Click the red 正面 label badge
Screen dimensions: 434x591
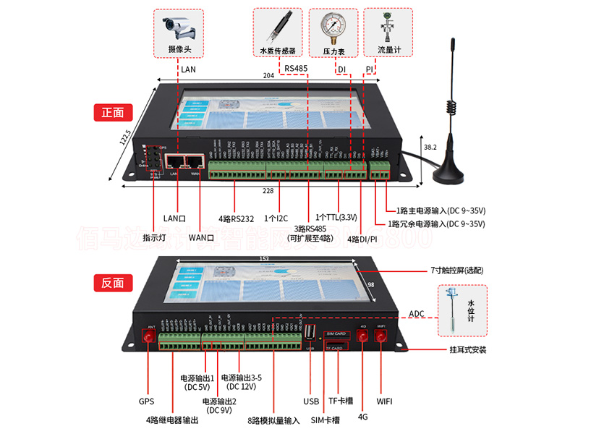[x=112, y=113]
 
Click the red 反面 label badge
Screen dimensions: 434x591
[x=112, y=284]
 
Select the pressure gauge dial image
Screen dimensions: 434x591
[x=333, y=27]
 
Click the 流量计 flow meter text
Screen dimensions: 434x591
[x=388, y=50]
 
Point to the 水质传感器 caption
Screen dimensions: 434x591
[x=278, y=51]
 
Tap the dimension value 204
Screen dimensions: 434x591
[x=268, y=76]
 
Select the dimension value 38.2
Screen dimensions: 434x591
[x=430, y=148]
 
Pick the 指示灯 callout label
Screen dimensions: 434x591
[x=155, y=237]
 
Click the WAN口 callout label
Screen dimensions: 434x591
[x=200, y=237]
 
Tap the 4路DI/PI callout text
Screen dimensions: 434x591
[x=362, y=239]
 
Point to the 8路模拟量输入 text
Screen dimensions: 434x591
[x=273, y=420]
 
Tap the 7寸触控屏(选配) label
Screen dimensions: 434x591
[x=456, y=270]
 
